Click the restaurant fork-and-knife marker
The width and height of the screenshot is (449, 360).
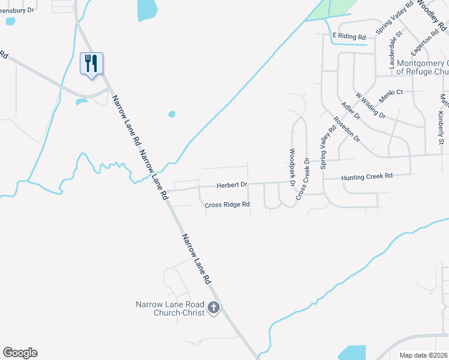[x=91, y=64]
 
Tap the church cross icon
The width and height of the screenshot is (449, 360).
[x=213, y=309]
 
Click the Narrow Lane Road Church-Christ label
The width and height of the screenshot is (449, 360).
[x=170, y=308]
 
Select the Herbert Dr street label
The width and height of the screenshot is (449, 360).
[x=232, y=185]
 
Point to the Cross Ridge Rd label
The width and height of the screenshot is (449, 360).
[x=227, y=205]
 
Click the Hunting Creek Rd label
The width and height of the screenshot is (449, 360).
[x=366, y=176]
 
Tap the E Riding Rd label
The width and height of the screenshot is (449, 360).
[x=349, y=37]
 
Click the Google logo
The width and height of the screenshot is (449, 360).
[x=20, y=353]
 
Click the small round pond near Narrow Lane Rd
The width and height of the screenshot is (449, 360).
[x=172, y=113]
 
